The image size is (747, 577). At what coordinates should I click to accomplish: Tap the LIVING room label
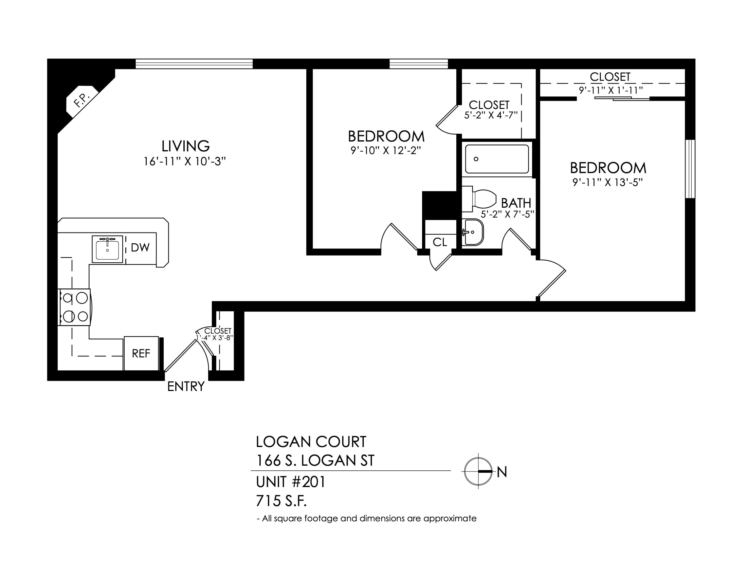click(x=185, y=146)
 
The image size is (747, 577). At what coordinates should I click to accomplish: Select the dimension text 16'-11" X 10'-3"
click(x=185, y=161)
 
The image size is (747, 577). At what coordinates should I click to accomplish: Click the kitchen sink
click(x=107, y=249)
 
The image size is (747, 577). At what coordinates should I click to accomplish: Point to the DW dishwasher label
click(x=140, y=247)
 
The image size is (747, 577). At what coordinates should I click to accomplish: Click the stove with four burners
click(x=75, y=307)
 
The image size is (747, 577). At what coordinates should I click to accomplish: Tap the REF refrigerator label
click(x=141, y=353)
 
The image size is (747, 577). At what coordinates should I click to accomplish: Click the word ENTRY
click(x=186, y=386)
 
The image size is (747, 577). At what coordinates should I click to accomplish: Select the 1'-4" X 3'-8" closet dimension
click(x=215, y=338)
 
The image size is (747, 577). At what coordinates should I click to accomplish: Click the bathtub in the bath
click(x=497, y=159)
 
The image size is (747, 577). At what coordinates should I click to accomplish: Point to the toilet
click(x=479, y=198)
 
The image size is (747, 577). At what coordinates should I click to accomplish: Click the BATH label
click(x=516, y=203)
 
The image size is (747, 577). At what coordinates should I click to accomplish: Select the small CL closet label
click(x=439, y=242)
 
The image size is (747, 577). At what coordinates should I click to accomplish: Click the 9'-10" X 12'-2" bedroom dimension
click(x=385, y=151)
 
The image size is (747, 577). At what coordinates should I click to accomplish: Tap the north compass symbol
click(x=478, y=471)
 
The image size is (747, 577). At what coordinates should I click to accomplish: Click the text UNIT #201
click(x=291, y=482)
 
